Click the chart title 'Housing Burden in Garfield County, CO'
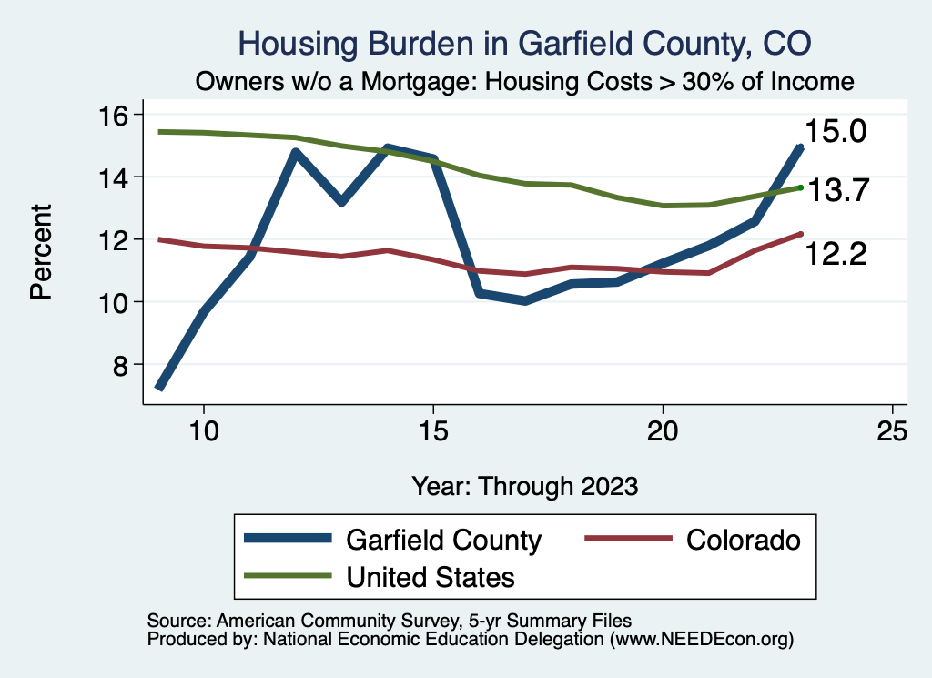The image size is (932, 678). tap(523, 43)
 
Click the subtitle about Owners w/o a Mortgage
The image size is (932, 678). tap(525, 82)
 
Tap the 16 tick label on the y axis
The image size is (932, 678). tap(117, 115)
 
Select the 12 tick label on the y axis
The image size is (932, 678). tap(117, 239)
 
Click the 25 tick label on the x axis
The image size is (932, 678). tap(892, 431)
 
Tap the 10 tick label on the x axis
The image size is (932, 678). tap(203, 431)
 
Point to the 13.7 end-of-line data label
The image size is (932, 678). tap(838, 190)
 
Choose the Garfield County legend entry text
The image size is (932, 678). tap(443, 540)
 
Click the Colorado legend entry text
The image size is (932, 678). tap(744, 540)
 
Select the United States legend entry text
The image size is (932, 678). tap(430, 576)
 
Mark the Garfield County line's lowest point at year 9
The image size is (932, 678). tap(159, 387)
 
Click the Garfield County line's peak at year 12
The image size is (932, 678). tap(295, 153)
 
